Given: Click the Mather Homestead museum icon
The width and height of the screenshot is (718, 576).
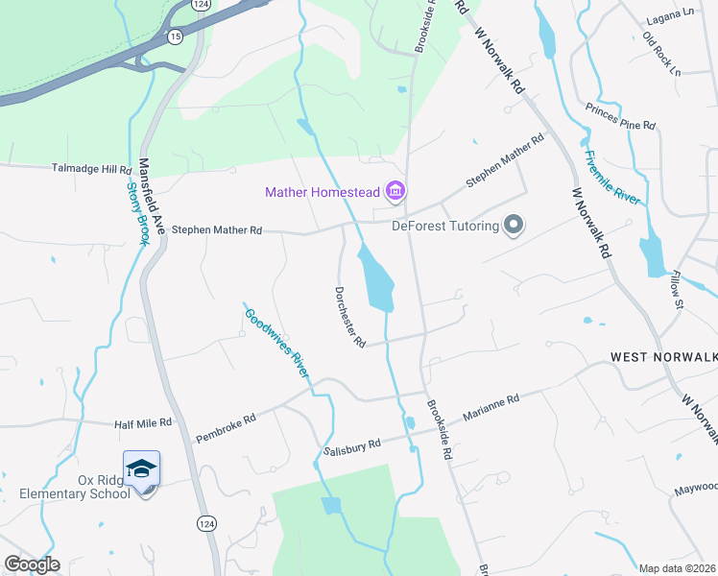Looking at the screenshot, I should pos(395,192).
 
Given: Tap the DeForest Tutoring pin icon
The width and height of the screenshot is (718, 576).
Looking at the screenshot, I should pos(514,227).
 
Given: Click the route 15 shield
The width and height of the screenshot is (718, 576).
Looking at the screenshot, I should pos(174,36).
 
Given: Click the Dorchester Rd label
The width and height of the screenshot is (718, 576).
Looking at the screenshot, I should pos(350,317).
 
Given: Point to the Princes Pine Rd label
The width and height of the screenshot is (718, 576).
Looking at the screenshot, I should pos(620,126).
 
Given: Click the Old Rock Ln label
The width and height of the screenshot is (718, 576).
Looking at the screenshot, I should pos(661,55).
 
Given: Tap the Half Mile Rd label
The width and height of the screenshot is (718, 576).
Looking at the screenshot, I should pos(142,422).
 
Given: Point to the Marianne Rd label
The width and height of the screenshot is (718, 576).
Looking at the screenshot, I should pos(491,407).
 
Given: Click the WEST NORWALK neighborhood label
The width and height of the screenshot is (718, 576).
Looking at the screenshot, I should pos(663,356).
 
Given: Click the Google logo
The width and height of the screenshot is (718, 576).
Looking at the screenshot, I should pos(33,564).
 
